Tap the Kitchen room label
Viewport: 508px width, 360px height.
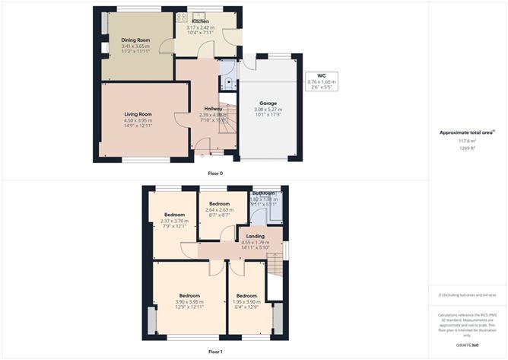[202, 21]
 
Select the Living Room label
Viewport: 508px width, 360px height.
[138, 114]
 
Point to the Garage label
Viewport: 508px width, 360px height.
[268, 103]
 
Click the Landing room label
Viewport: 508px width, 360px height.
[256, 237]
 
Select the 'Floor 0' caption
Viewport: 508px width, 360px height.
[216, 174]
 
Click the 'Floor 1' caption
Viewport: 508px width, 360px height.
[216, 352]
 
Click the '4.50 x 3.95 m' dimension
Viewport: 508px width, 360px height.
[138, 120]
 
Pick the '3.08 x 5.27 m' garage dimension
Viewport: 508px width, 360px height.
[268, 109]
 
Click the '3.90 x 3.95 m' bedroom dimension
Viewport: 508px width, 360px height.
[189, 301]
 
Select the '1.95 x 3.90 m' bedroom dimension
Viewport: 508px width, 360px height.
[246, 301]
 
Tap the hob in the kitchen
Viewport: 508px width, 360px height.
[183, 17]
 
